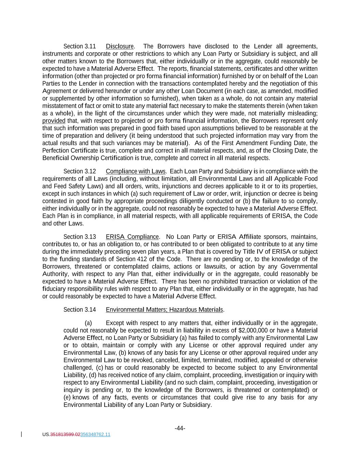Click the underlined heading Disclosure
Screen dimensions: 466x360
119,46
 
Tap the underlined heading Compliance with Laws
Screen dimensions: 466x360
135,171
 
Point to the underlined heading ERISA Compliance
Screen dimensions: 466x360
132,237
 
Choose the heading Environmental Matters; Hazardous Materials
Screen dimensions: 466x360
164,310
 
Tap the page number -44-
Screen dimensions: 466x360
180,428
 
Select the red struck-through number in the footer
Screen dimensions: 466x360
65,435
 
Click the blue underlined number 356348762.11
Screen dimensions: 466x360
95,435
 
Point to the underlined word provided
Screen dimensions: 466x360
54,121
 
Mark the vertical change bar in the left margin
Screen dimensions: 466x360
22,434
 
